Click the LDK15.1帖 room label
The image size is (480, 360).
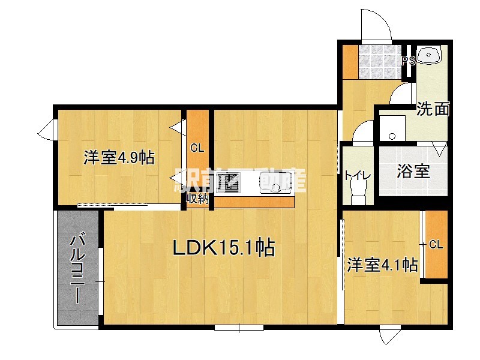[x=224, y=247]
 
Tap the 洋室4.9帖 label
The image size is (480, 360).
[x=119, y=158]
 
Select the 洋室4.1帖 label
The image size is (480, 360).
[x=382, y=265]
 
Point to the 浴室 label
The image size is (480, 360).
[x=413, y=171]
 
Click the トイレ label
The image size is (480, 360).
[x=358, y=176]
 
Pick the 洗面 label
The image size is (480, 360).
[x=433, y=109]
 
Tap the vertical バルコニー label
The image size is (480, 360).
[x=77, y=268]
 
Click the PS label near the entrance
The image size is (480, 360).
[x=409, y=61]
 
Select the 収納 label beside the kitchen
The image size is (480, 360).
[x=196, y=199]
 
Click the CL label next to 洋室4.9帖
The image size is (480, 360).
[x=197, y=148]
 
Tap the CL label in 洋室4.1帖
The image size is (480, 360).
[x=436, y=244]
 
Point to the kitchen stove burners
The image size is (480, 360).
[x=229, y=183]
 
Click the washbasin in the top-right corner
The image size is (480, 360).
[x=430, y=56]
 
